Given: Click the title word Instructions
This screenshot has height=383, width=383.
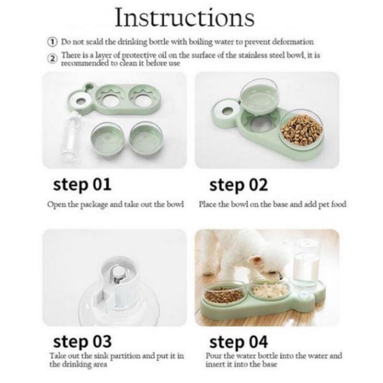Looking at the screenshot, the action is pyautogui.click(x=185, y=17).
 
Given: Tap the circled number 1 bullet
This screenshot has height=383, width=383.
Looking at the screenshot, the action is pyautogui.click(x=52, y=42).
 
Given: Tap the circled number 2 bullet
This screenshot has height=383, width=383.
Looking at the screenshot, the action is pyautogui.click(x=52, y=59).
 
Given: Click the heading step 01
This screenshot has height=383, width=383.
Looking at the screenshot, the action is pyautogui.click(x=82, y=185).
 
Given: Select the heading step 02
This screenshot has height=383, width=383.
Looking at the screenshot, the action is pyautogui.click(x=238, y=185).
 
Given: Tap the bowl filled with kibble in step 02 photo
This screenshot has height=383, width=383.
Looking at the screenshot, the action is pyautogui.click(x=302, y=131).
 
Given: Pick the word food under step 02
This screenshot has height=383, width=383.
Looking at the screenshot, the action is pyautogui.click(x=339, y=204).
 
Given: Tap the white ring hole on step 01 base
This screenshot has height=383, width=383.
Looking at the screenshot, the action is pyautogui.click(x=80, y=102).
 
